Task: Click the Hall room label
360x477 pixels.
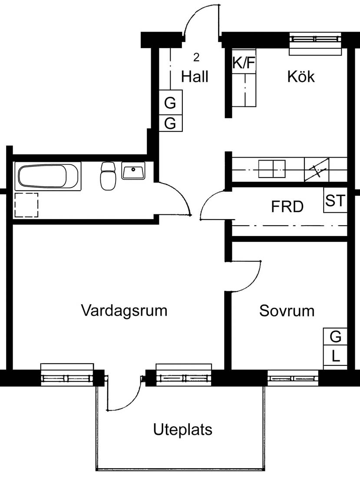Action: (x=195, y=77)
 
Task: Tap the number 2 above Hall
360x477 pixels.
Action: (x=196, y=57)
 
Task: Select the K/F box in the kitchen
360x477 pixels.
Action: (x=243, y=63)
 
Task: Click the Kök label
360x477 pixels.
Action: (x=301, y=77)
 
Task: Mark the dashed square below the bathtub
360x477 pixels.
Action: (x=26, y=205)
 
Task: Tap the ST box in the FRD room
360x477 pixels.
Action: (x=335, y=201)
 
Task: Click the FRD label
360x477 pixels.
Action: (x=287, y=207)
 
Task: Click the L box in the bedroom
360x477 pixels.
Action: (x=335, y=357)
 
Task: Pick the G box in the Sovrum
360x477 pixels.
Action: (x=335, y=336)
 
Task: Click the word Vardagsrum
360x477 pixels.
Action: (x=124, y=311)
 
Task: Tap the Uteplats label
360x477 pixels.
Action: (x=183, y=430)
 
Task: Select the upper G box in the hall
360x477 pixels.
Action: (x=171, y=103)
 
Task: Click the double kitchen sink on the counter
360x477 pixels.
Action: (x=272, y=168)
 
